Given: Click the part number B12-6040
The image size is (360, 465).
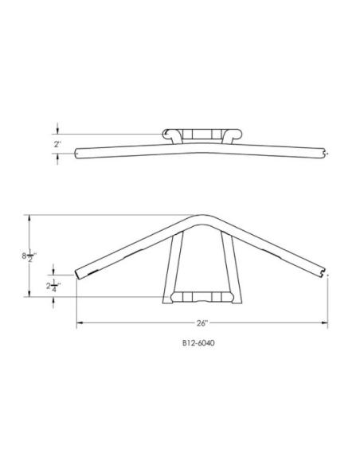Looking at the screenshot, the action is coord(198,343).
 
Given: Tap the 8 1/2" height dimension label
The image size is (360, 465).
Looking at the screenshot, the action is coord(29,256).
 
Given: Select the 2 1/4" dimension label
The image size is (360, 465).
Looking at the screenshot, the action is coord(53,286).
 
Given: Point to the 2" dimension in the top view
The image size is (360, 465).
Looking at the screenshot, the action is coord(57,144).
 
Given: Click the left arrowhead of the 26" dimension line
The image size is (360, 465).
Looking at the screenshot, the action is coord(80,322).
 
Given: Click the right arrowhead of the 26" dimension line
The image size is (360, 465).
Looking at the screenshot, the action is coord(324,322).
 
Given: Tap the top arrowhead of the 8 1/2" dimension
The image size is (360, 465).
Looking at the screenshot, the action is coord(29,218).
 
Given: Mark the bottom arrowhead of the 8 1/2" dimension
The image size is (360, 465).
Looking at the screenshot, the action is coord(29,293).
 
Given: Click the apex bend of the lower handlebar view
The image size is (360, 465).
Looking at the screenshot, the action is coord(202,219).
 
